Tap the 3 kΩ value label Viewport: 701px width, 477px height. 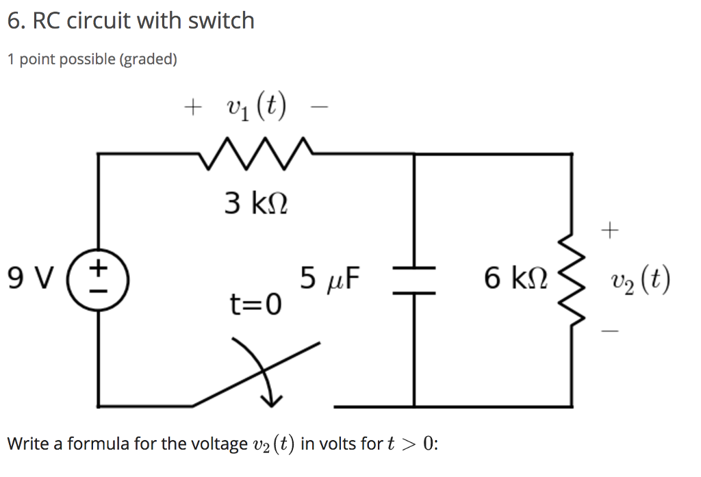click(x=255, y=203)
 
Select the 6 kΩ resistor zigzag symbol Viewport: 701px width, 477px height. click(x=572, y=280)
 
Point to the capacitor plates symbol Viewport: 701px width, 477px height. click(x=414, y=280)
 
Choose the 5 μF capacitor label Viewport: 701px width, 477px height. click(x=331, y=279)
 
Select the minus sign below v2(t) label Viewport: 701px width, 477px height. click(x=611, y=332)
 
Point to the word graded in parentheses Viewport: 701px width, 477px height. click(x=148, y=60)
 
